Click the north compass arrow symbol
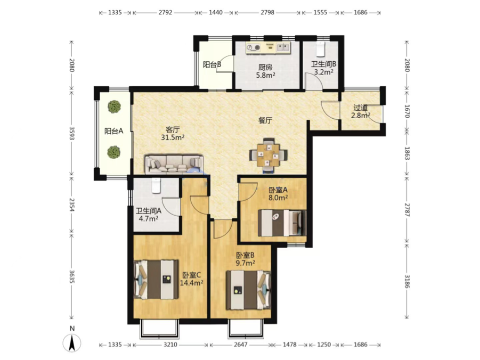[x=72, y=343]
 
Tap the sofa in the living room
[x=174, y=165]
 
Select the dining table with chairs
[x=269, y=155]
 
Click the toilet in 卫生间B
[x=320, y=50]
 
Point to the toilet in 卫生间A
[x=156, y=185]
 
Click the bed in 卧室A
[x=282, y=223]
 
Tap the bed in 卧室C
[x=156, y=280]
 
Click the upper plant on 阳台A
[x=114, y=107]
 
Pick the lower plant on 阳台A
[x=113, y=152]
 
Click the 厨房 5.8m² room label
[x=265, y=71]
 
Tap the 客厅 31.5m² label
[x=173, y=134]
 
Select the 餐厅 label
[x=265, y=120]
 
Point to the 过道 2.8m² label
[x=361, y=112]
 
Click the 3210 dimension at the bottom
[x=170, y=345]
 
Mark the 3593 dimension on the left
[x=71, y=133]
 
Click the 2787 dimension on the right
[x=406, y=209]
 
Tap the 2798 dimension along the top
[x=267, y=13]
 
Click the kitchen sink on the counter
[x=283, y=47]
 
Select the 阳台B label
[x=212, y=64]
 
